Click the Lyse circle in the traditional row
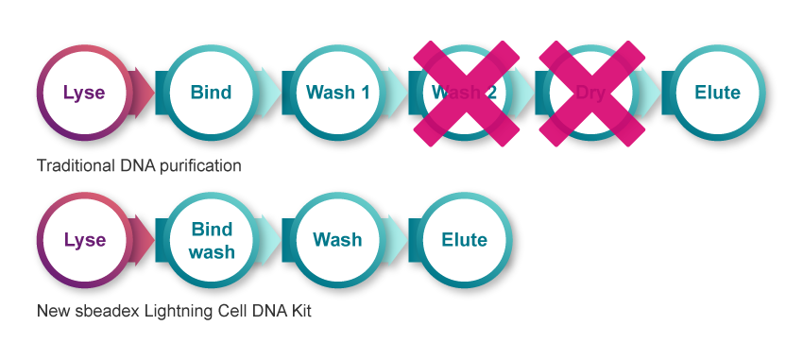[x=83, y=93]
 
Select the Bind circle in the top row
[x=211, y=93]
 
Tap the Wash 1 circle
[x=337, y=93]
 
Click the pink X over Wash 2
[x=464, y=93]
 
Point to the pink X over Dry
[x=590, y=93]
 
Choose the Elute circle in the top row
[x=717, y=93]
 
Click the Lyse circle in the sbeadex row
[x=83, y=240]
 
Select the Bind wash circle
[x=211, y=240]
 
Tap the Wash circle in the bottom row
[x=337, y=240]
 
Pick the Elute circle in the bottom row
[x=464, y=240]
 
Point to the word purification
[x=198, y=165]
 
